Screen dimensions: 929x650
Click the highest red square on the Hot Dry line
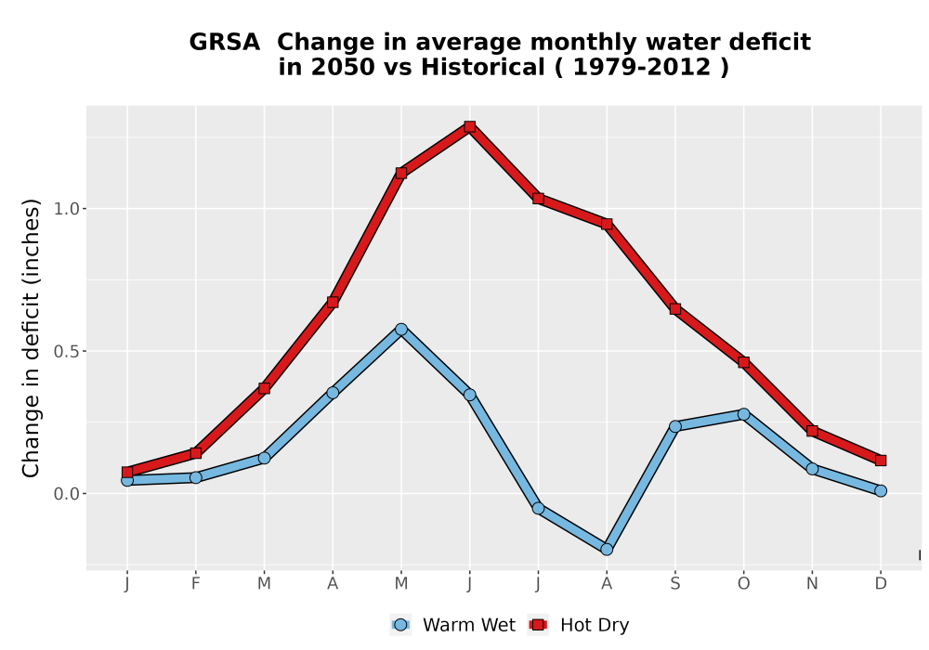click(470, 126)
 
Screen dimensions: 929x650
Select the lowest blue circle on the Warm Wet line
click(607, 550)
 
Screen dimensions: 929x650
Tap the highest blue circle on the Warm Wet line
click(401, 329)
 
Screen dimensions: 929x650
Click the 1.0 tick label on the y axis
click(66, 209)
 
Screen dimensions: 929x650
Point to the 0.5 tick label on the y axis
click(66, 351)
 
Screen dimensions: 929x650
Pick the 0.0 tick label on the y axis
click(66, 494)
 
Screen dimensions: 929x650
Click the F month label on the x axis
click(195, 584)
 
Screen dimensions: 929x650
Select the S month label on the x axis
click(674, 584)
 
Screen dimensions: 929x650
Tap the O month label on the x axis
click(743, 584)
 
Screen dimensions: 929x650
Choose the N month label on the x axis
click(812, 584)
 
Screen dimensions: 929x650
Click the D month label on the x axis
click(881, 584)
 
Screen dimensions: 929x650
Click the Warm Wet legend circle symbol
click(400, 625)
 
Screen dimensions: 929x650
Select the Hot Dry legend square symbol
click(538, 625)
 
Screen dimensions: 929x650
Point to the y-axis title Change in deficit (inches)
click(31, 338)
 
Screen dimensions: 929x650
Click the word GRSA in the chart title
click(225, 43)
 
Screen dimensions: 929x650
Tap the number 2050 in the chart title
click(344, 68)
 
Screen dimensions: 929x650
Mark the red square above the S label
click(674, 309)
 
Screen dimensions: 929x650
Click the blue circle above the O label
click(743, 414)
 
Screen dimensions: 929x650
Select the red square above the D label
click(881, 461)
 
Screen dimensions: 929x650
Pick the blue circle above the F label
click(195, 477)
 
